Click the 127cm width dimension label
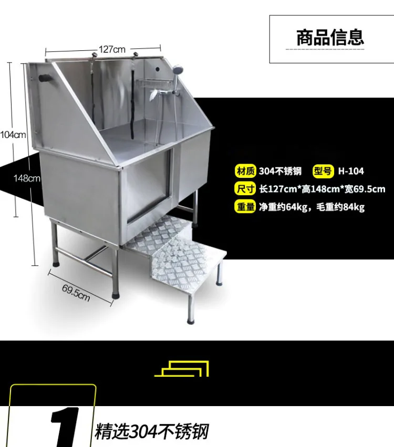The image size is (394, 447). (112, 49)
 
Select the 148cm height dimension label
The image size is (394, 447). (26, 178)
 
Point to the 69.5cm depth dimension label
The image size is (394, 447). (76, 292)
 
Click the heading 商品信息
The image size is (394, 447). (330, 38)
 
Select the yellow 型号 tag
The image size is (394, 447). (324, 171)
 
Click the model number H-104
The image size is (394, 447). (351, 171)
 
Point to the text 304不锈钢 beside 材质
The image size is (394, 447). (280, 171)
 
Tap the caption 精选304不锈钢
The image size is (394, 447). (152, 431)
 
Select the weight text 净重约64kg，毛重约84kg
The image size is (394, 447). (312, 207)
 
